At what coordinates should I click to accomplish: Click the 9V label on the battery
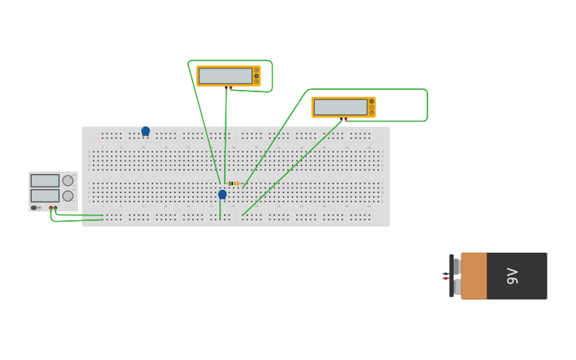[x=512, y=276]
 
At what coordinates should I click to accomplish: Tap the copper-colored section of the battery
[x=474, y=276]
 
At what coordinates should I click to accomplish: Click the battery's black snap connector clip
[x=452, y=276]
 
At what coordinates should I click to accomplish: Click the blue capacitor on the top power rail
[x=145, y=131]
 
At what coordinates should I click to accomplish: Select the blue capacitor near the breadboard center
[x=222, y=194]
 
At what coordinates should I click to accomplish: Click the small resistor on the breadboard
[x=234, y=184]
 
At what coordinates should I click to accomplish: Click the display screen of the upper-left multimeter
[x=225, y=75]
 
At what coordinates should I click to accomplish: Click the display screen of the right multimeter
[x=340, y=107]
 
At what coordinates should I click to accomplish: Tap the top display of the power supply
[x=44, y=180]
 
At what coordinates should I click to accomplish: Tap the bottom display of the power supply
[x=44, y=195]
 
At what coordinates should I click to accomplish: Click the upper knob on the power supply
[x=68, y=180]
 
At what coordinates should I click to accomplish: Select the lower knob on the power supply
[x=68, y=195]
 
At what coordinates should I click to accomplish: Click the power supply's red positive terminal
[x=50, y=208]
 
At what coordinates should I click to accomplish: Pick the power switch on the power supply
[x=35, y=208]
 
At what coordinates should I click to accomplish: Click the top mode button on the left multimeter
[x=257, y=70]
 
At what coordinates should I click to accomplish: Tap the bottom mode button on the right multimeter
[x=372, y=113]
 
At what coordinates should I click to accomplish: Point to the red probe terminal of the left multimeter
[x=230, y=87]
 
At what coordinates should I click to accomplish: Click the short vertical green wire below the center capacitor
[x=220, y=210]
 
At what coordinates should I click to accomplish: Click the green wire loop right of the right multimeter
[x=427, y=105]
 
